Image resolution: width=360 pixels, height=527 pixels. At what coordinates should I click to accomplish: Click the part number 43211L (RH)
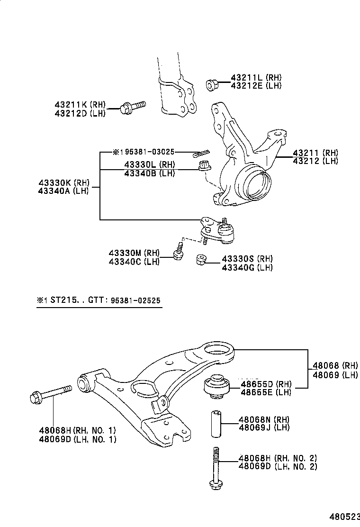[256, 77]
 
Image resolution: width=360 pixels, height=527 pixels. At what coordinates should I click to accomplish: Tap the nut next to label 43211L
[212, 85]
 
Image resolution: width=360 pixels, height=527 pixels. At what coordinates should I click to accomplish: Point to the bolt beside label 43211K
[132, 108]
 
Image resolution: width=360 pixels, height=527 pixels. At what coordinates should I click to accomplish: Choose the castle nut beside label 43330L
[203, 166]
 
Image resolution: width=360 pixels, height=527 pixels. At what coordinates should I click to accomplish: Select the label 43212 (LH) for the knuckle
[315, 161]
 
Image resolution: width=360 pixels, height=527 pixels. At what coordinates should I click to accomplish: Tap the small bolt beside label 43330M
[179, 251]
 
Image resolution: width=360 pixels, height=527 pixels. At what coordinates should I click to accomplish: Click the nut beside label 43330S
[201, 260]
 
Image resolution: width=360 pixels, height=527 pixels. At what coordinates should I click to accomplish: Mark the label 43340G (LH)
[247, 267]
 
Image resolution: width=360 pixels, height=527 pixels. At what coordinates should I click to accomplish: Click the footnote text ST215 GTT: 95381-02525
[99, 300]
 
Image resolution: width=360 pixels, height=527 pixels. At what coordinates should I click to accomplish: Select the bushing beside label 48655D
[217, 385]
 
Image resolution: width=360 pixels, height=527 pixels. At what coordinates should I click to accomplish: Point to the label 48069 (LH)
[335, 374]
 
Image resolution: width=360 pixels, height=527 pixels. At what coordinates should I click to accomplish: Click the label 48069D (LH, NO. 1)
[77, 439]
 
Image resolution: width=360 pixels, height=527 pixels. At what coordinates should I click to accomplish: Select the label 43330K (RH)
[63, 182]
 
